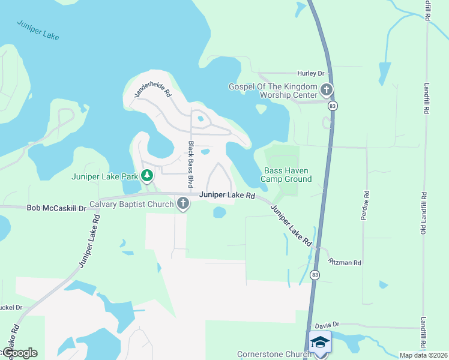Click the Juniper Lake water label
(x=38, y=29)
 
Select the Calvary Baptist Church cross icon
(x=183, y=205)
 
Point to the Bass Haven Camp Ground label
(x=286, y=175)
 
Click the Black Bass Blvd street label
(x=191, y=164)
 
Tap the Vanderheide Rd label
(x=152, y=90)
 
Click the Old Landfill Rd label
(x=424, y=214)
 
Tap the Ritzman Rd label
(x=345, y=263)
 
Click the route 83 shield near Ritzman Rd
(x=315, y=275)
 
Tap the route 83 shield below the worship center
(x=332, y=106)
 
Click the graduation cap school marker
(x=320, y=342)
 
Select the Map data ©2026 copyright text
(x=423, y=355)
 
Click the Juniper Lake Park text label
(x=104, y=176)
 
